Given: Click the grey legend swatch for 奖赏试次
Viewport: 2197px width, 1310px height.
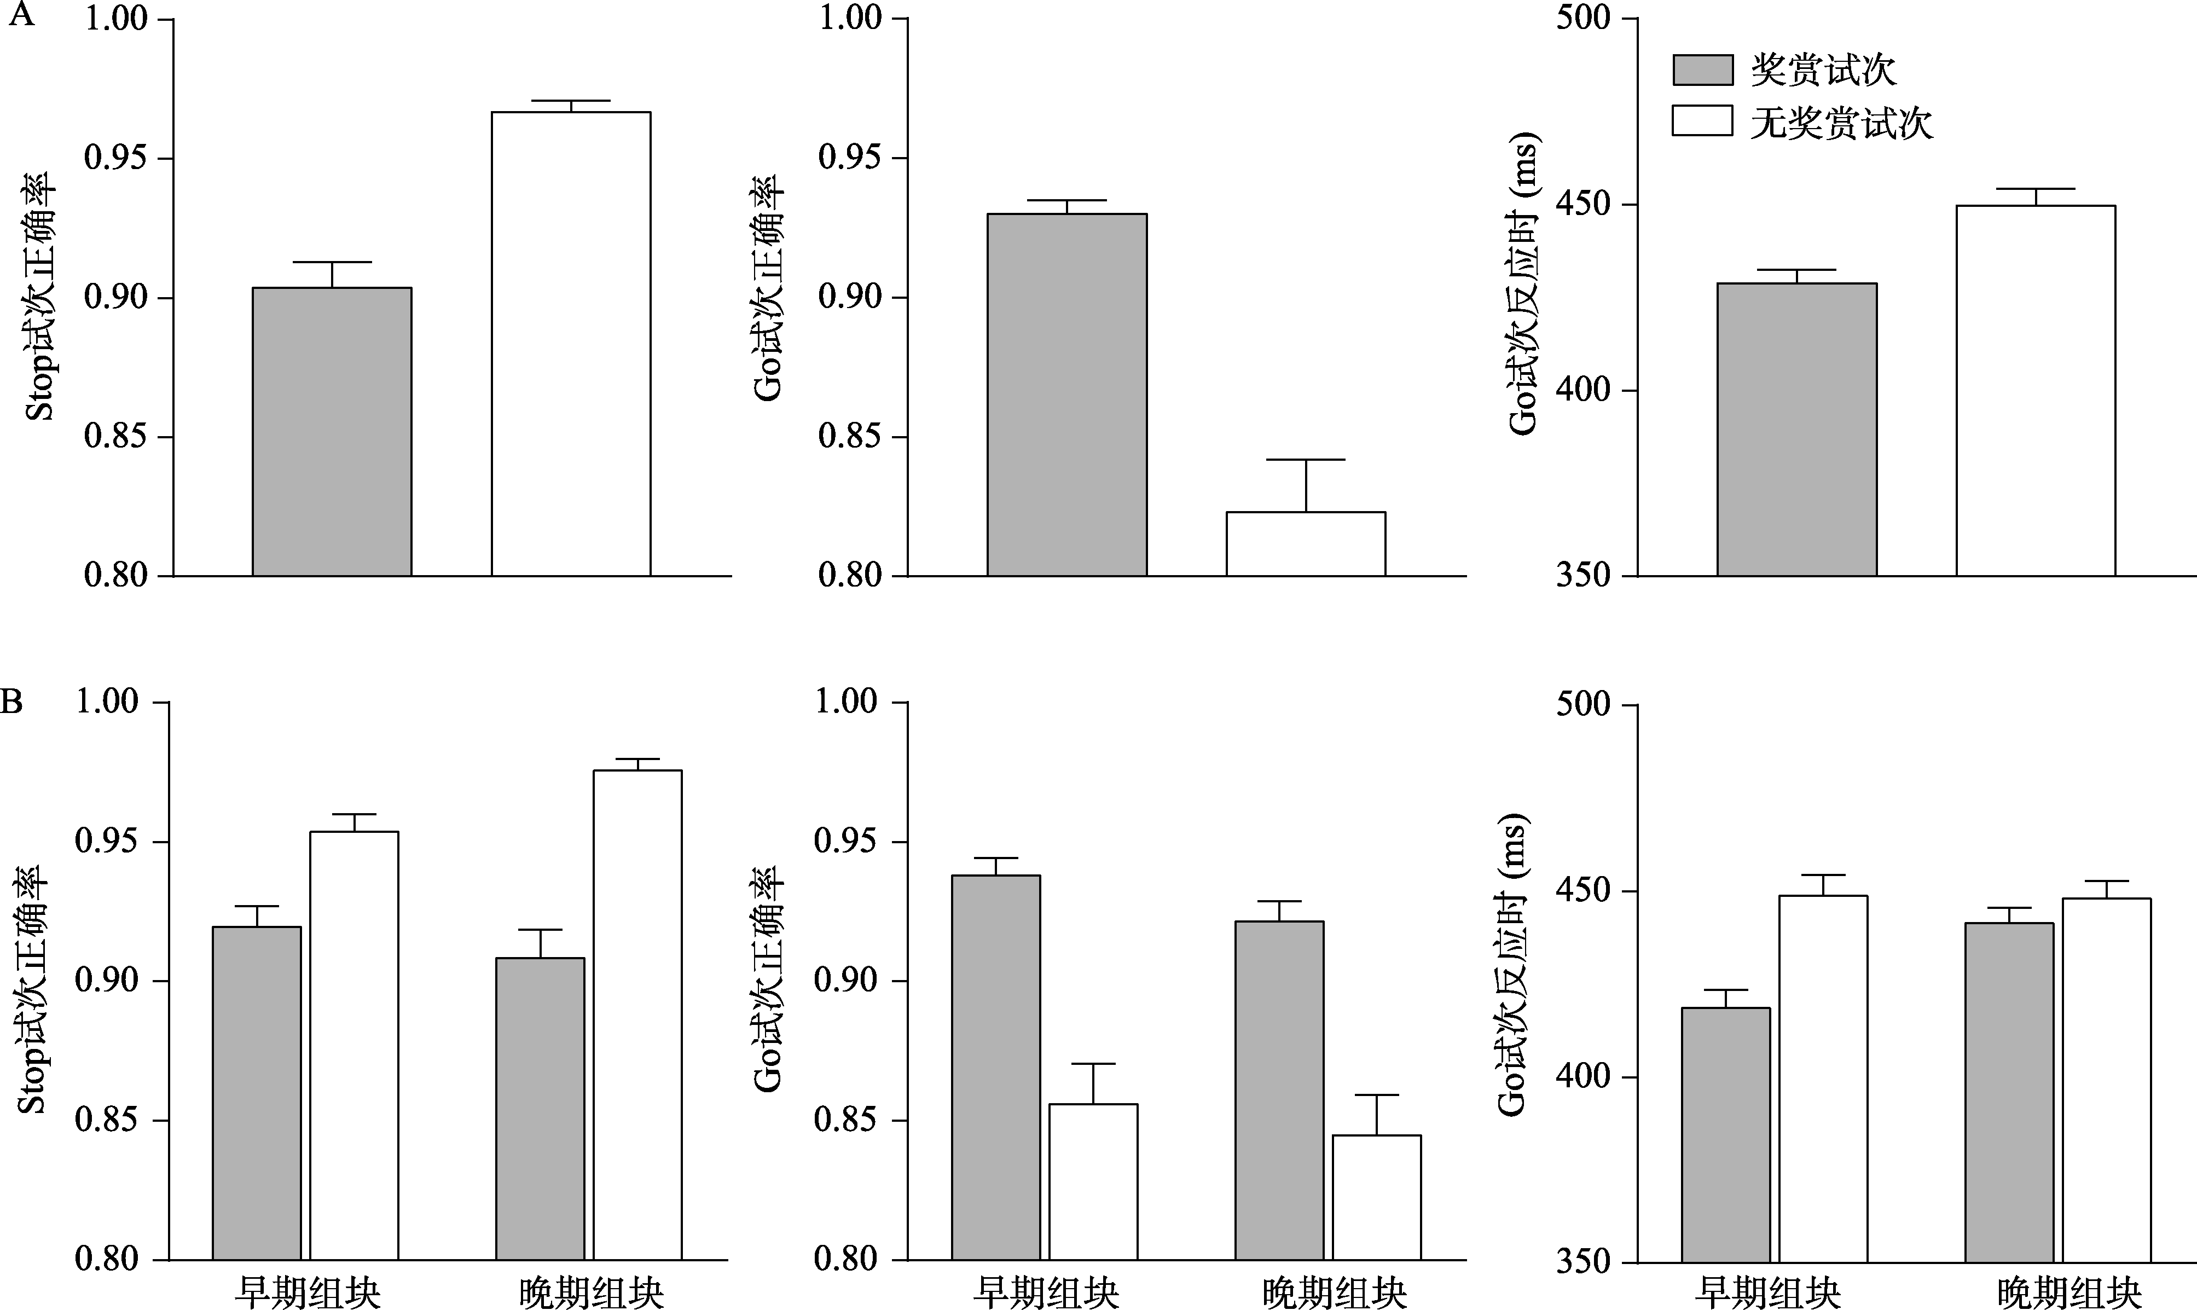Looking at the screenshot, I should tap(1702, 69).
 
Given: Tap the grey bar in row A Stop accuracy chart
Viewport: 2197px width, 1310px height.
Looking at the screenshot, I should tap(332, 432).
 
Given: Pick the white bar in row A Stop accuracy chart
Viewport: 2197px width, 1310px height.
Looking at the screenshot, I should tap(571, 344).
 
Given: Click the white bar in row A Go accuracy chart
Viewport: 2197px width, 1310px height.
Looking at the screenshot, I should tap(1306, 544).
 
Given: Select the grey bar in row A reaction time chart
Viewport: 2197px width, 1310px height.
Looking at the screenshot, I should tap(1797, 430).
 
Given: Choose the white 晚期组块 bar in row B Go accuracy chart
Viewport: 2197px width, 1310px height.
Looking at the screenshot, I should tap(1376, 1197).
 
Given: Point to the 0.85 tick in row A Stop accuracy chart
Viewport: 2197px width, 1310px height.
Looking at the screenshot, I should tap(115, 437).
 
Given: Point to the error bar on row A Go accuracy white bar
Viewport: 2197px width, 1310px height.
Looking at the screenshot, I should tap(1306, 485).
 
